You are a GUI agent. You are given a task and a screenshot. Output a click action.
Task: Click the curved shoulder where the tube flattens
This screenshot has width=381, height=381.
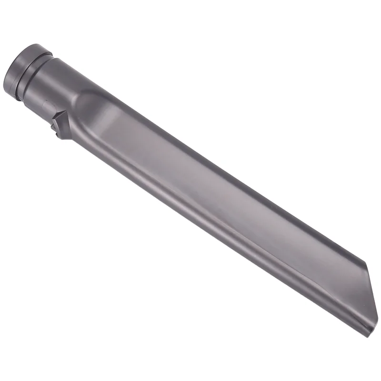88,102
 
